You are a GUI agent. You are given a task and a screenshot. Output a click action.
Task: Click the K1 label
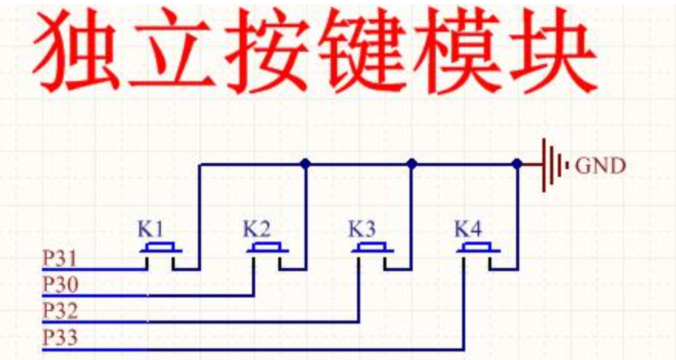coord(151,229)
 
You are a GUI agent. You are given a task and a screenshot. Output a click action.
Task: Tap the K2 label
coord(256,229)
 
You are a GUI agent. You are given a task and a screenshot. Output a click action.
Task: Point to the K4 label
coord(467,229)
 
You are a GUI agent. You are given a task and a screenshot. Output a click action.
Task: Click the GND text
coord(602,165)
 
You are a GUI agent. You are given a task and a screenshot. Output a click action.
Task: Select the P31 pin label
coord(59,256)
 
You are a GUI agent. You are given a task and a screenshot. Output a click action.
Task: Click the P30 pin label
coord(59,284)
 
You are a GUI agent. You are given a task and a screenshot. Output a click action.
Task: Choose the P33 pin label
coord(59,338)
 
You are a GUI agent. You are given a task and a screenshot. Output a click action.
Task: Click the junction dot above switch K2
coord(306,164)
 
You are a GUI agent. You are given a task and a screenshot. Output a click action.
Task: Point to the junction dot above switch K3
coord(412,164)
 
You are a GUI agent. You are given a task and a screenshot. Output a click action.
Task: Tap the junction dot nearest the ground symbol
coord(517,164)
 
